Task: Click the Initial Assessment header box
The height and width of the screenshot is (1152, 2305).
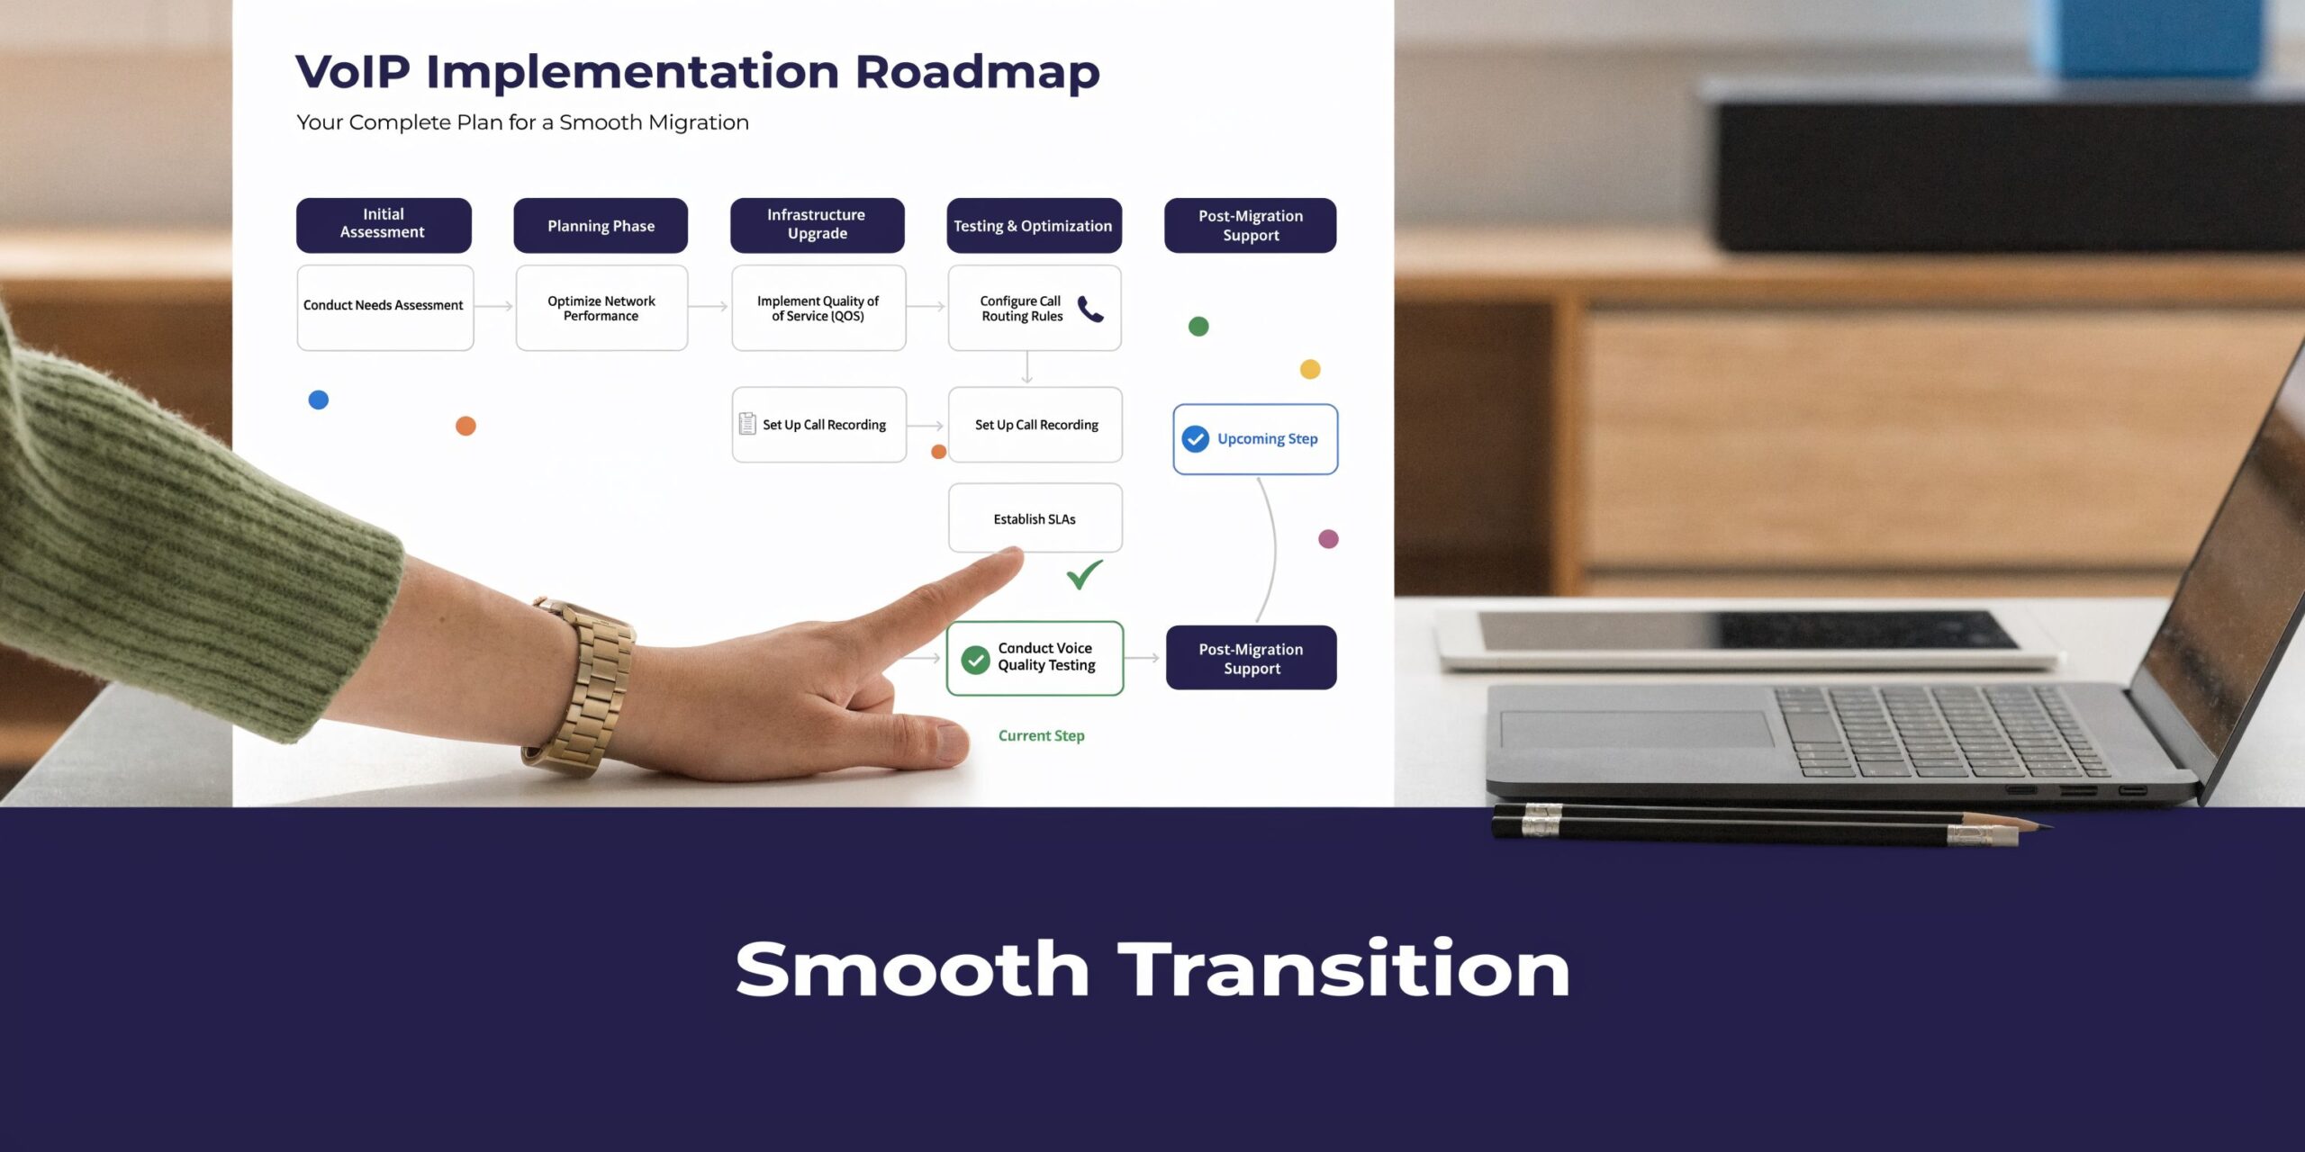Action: [x=384, y=224]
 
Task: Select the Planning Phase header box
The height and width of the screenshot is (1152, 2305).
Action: [x=601, y=226]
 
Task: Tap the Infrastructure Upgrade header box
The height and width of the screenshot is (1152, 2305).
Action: [x=817, y=225]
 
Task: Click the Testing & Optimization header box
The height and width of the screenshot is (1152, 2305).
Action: [x=1034, y=226]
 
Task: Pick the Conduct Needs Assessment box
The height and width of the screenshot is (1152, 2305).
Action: [x=384, y=307]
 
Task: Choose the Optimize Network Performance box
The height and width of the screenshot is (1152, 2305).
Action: [x=601, y=308]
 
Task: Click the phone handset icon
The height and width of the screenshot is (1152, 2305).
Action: [x=1089, y=309]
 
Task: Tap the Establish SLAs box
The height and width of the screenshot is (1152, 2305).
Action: [x=1035, y=517]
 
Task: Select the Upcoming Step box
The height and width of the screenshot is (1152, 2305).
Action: [x=1255, y=439]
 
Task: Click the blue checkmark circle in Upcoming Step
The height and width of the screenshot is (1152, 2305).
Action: [x=1195, y=439]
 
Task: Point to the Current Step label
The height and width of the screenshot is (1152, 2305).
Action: [x=1041, y=735]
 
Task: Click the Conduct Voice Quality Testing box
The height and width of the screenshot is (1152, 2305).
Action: [x=1035, y=658]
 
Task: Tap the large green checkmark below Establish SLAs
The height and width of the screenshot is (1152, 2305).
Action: [x=1084, y=573]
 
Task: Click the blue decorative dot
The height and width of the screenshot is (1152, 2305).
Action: [x=319, y=400]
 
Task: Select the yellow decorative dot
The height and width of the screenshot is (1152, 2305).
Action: [x=1310, y=369]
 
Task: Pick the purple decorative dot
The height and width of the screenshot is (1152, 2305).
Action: [x=1328, y=539]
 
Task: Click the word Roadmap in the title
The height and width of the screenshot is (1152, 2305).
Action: [x=977, y=72]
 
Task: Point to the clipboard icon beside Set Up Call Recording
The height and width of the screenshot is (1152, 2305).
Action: [x=747, y=424]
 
